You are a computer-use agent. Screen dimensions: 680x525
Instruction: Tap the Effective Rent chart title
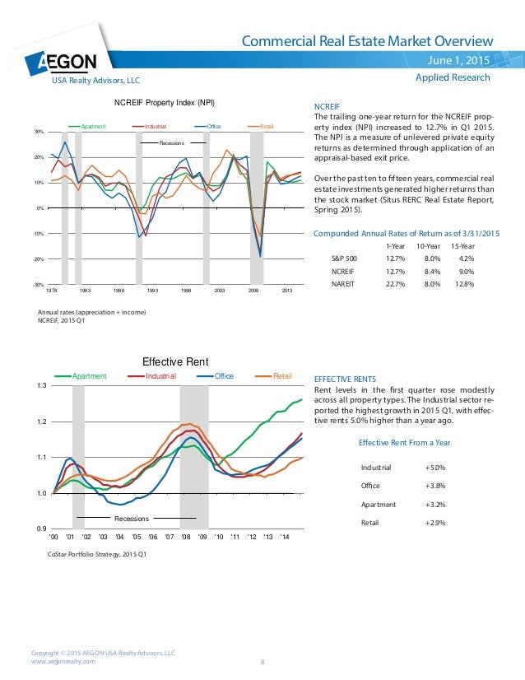pos(175,361)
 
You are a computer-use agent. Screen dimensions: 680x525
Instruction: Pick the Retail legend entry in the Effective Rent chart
pos(282,376)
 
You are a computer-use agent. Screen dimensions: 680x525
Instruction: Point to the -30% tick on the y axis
pos(38,285)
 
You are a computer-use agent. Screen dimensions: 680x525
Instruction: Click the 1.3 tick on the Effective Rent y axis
pos(42,385)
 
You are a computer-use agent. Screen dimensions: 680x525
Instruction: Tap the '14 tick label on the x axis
pos(285,536)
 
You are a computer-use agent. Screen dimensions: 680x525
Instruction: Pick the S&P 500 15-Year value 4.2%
pos(467,258)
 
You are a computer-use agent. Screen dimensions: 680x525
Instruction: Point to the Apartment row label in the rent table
pos(378,504)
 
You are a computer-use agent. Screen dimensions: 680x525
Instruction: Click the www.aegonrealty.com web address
pos(63,660)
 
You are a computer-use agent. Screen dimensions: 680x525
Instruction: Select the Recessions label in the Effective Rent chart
pos(131,519)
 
